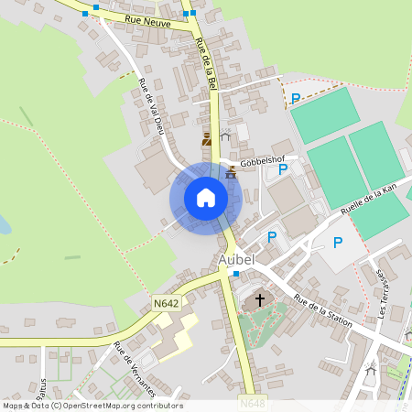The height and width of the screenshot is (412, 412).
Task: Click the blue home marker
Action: pyautogui.click(x=206, y=197)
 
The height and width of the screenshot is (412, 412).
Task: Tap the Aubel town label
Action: pyautogui.click(x=236, y=259)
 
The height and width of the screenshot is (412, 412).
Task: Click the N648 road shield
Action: pyautogui.click(x=253, y=403)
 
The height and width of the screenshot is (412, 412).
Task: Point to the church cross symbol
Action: pyautogui.click(x=259, y=299)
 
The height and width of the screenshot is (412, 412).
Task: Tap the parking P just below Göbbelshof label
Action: pyautogui.click(x=283, y=168)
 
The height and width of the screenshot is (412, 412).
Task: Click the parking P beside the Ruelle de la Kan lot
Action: pyautogui.click(x=337, y=243)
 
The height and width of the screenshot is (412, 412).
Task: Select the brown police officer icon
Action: pyautogui.click(x=208, y=140)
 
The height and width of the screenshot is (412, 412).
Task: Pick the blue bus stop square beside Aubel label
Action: pyautogui.click(x=235, y=274)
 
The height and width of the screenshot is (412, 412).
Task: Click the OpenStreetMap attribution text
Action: pyautogui.click(x=92, y=406)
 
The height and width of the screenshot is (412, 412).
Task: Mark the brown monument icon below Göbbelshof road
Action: pyautogui.click(x=230, y=171)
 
